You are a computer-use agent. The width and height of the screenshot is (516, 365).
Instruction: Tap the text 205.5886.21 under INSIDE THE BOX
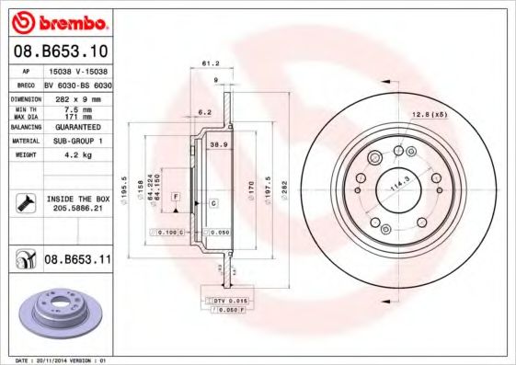[x=76, y=209]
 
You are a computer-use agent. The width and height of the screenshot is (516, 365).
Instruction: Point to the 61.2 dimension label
[x=208, y=63]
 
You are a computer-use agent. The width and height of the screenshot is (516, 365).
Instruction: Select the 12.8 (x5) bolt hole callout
[x=429, y=114]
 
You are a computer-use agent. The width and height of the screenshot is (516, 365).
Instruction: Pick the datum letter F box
[x=174, y=198]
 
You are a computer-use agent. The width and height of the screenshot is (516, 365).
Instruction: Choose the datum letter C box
[x=212, y=202]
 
